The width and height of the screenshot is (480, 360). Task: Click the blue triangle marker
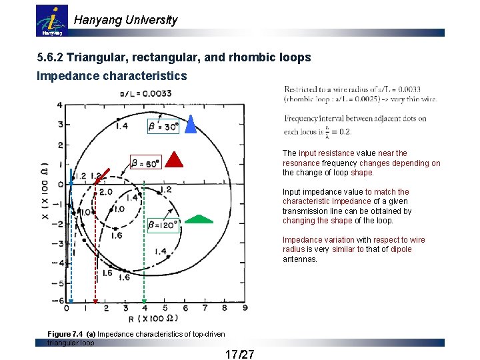click(190, 125)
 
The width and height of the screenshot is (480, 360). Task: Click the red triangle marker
click(174, 159)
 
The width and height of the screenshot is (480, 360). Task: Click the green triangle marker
click(199, 219)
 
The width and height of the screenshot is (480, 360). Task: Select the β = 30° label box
click(163, 125)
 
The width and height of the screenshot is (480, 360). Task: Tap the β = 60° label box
click(146, 162)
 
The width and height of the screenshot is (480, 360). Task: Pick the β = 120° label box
click(163, 225)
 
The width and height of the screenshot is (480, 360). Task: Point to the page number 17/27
click(240, 353)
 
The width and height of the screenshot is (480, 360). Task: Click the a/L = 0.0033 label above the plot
click(145, 94)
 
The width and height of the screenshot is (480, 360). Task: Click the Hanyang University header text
click(125, 20)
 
